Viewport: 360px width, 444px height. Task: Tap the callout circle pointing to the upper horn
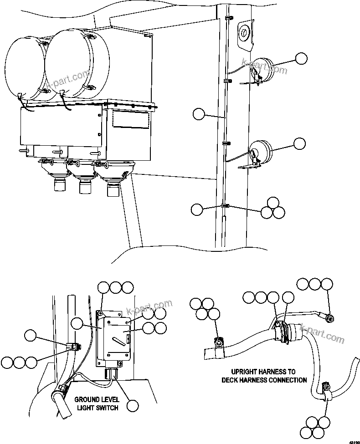coord(300,59)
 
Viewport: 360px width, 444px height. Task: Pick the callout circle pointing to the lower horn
coord(299,143)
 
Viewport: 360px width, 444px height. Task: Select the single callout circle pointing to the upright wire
coord(199,114)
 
